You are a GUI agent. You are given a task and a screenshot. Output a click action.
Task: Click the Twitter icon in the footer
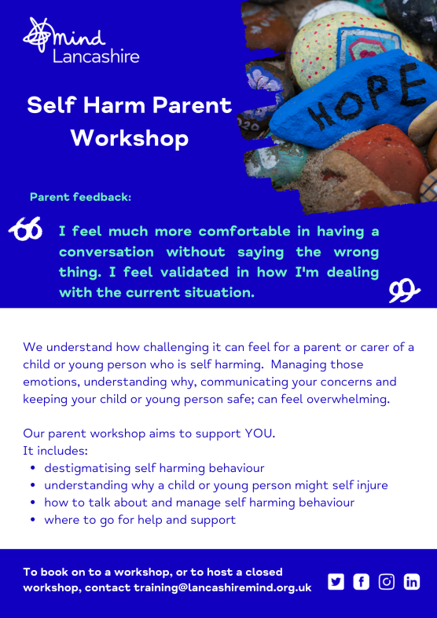[336, 582]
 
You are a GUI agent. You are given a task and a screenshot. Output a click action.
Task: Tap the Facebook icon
[362, 582]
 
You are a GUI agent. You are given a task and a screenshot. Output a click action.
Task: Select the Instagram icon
[387, 582]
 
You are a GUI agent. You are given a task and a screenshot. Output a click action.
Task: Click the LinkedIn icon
[412, 582]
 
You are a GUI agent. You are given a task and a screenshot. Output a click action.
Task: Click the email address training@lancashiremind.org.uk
[223, 587]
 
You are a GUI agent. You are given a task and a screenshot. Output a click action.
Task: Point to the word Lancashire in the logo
[96, 57]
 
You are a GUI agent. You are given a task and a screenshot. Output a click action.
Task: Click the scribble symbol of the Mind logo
[38, 35]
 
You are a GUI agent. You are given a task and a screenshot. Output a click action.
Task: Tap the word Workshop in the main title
[130, 138]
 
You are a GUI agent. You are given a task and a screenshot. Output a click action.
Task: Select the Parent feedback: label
[80, 197]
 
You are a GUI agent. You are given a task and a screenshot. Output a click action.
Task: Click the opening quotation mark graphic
[25, 229]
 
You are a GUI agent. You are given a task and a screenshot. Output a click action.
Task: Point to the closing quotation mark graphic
[404, 290]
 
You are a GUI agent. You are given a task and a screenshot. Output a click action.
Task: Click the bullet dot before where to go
[33, 520]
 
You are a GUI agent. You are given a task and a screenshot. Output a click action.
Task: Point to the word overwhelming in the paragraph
[348, 400]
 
